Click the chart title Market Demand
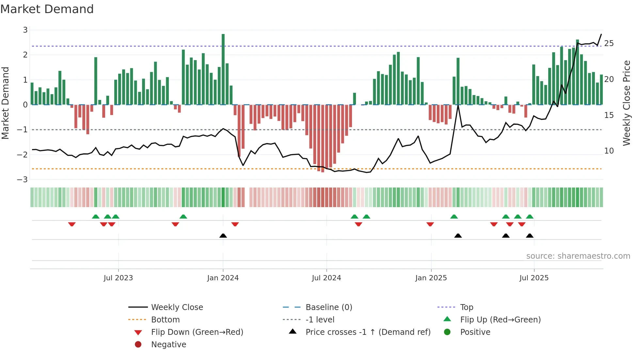[x=47, y=9]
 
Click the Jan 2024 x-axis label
[x=223, y=278]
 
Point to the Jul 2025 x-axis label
[x=534, y=278]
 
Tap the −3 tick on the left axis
[x=23, y=180]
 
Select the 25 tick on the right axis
[x=609, y=43]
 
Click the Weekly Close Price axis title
[x=626, y=103]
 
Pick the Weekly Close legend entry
[x=177, y=307]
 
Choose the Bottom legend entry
[x=165, y=320]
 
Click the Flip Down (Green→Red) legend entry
[x=197, y=332]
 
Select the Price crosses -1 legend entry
[x=368, y=332]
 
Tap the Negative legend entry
[x=168, y=345]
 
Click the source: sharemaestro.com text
[x=578, y=256]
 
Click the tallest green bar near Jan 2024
[x=223, y=69]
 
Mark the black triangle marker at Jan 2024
[x=223, y=236]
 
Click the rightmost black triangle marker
[x=530, y=236]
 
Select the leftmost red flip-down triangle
[x=72, y=224]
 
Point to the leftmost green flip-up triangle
[x=96, y=217]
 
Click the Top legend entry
[x=466, y=307]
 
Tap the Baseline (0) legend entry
[x=328, y=307]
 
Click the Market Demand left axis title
[x=5, y=103]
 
